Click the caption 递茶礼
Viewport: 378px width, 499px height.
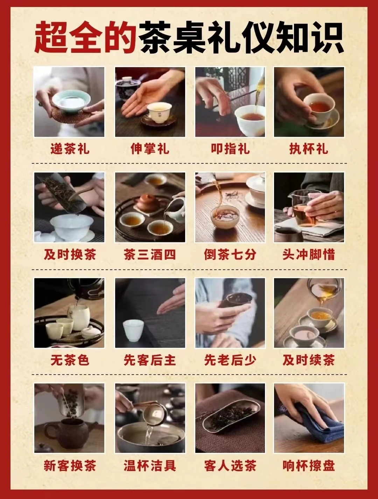click(x=70, y=149)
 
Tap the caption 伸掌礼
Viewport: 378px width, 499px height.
click(x=150, y=149)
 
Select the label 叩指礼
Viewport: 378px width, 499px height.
click(x=230, y=149)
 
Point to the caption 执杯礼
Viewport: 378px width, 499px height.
click(x=309, y=149)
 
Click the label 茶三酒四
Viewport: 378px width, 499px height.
click(x=150, y=255)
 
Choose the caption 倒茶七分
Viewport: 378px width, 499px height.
click(x=230, y=255)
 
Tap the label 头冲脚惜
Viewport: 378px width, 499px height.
click(x=309, y=255)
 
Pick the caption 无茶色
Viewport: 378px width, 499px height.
click(x=70, y=360)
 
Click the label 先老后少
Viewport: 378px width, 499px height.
click(x=230, y=360)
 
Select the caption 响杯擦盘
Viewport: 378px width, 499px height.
click(x=309, y=466)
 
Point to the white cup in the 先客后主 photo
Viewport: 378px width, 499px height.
click(x=133, y=330)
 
